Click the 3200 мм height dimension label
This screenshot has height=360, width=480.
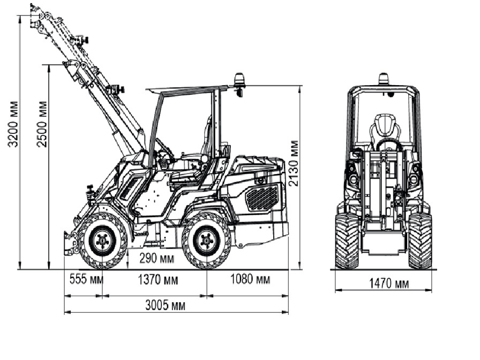[x=14, y=123]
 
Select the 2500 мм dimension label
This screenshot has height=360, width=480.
[x=43, y=123]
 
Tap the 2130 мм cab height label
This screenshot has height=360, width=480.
[x=294, y=163]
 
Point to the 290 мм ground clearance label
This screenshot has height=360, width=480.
[x=156, y=258]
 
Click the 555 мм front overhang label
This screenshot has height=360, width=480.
[x=86, y=280]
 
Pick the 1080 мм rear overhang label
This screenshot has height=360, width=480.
[x=250, y=280]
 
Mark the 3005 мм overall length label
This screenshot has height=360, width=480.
[x=166, y=305]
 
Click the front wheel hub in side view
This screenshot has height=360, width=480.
[x=102, y=241]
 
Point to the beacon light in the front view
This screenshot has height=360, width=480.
[x=384, y=79]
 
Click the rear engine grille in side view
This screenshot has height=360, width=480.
[x=262, y=197]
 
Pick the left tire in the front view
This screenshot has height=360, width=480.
[x=347, y=241]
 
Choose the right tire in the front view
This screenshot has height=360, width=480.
[x=420, y=241]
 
